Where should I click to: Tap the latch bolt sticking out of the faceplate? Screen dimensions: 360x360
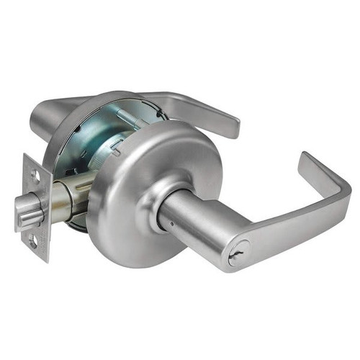tap(27, 210)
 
